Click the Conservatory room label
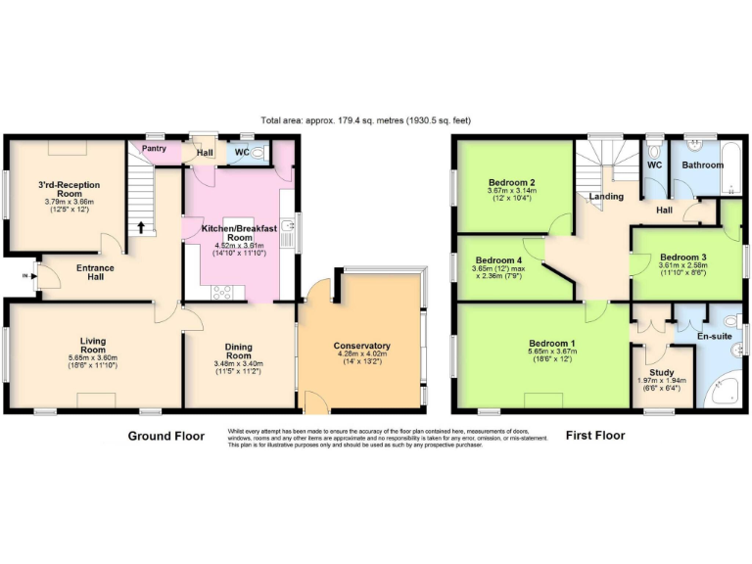click(361, 346)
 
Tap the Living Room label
click(93, 345)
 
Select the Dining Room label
click(239, 351)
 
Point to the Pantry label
click(154, 149)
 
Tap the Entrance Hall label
click(95, 272)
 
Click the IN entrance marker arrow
click(26, 276)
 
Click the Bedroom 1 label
click(552, 344)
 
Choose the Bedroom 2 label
click(511, 182)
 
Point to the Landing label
click(606, 197)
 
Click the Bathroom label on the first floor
click(703, 165)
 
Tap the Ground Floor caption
click(166, 436)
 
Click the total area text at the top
click(365, 120)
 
